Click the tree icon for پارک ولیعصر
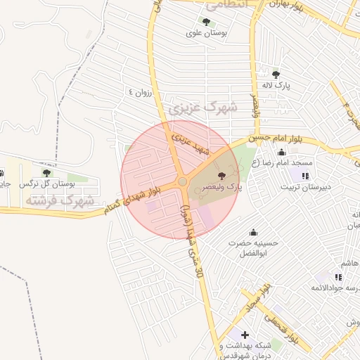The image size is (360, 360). click(221, 176)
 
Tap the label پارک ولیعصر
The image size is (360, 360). click(222, 188)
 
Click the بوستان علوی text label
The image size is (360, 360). click(204, 33)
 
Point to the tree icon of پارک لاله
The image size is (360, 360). click(276, 74)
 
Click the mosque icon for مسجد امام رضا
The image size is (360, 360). click(282, 153)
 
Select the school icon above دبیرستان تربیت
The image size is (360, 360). click(305, 176)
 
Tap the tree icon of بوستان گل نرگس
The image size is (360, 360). click(46, 173)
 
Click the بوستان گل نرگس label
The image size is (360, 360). click(47, 184)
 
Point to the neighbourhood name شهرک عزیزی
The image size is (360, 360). click(203, 108)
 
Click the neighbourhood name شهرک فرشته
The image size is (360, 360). click(60, 200)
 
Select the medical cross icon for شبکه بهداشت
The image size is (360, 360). click(244, 335)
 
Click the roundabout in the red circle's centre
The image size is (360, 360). click(182, 182)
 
